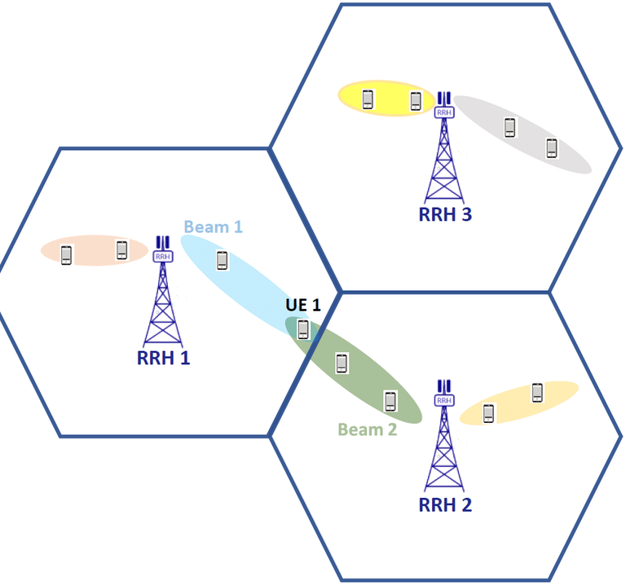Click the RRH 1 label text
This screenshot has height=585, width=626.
click(x=163, y=357)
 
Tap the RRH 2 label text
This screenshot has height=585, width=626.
click(x=445, y=504)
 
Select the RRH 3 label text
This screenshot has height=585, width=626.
click(x=445, y=215)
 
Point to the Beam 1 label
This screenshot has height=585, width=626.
click(x=214, y=227)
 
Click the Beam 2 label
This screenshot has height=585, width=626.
click(x=367, y=429)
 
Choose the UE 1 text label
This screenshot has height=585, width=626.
click(x=303, y=306)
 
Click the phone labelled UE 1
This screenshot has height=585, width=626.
click(x=303, y=329)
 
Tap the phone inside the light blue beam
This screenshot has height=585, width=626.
click(x=222, y=261)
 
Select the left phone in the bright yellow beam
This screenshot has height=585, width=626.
click(x=368, y=99)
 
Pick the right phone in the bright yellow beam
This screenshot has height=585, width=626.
click(x=415, y=101)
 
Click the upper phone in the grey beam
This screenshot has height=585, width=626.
click(x=510, y=127)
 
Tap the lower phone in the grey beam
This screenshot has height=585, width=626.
click(x=552, y=148)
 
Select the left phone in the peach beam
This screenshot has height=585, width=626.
click(x=67, y=255)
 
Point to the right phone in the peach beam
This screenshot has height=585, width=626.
click(x=121, y=249)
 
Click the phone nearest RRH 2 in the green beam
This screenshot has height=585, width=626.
click(x=390, y=400)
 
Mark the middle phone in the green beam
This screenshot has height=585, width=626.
click(x=342, y=363)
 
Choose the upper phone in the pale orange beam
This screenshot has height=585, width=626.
click(x=537, y=392)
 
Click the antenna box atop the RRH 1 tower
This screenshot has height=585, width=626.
click(x=163, y=256)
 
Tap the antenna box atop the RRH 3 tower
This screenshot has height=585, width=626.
click(x=444, y=112)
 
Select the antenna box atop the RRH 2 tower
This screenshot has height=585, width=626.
click(x=444, y=399)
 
